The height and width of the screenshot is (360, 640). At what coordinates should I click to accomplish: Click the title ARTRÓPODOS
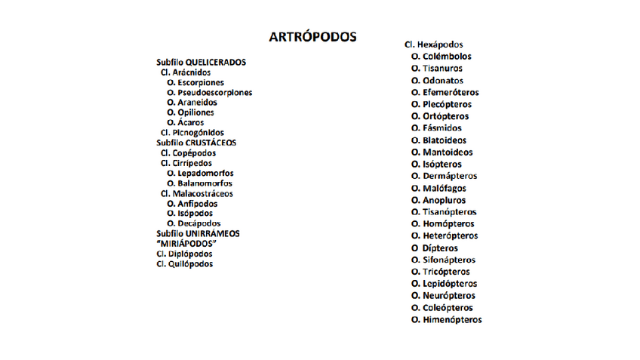tap(312, 37)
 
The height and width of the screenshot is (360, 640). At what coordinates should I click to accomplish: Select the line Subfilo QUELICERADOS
tap(201, 62)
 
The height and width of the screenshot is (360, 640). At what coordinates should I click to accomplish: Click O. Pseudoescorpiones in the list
tap(209, 93)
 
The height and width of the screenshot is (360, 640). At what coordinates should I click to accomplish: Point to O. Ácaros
tap(185, 122)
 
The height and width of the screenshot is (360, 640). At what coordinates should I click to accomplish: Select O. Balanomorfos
tap(199, 183)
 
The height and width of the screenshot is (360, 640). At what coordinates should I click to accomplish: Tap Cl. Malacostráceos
tap(196, 194)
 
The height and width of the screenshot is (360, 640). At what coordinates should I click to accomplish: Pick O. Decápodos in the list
tap(193, 223)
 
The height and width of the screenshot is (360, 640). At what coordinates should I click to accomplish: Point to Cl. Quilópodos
tap(185, 264)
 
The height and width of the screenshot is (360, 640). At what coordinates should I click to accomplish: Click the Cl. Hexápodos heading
tap(433, 45)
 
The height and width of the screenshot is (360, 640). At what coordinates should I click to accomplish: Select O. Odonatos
tap(437, 81)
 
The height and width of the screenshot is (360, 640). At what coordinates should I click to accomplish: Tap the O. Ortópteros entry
tap(439, 116)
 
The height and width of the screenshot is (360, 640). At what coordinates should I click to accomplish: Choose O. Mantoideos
tap(442, 152)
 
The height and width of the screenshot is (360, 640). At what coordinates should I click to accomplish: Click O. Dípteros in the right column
tap(434, 248)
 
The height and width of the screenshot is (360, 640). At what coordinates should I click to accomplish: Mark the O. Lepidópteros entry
tap(444, 284)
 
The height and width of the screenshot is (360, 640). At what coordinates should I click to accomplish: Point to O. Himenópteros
tap(446, 320)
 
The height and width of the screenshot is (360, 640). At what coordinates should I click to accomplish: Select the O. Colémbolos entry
tap(441, 57)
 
